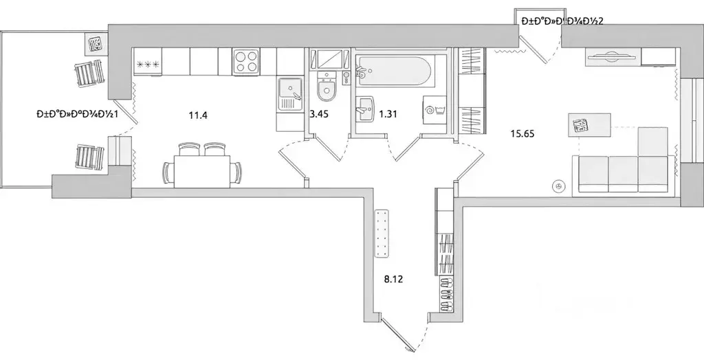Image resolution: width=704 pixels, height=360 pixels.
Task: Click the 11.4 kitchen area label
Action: point(198,115)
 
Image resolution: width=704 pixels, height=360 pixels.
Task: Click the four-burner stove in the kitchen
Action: point(245,61)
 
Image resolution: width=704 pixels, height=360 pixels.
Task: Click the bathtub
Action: point(395,71)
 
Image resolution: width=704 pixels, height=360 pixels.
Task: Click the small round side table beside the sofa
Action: point(558,184)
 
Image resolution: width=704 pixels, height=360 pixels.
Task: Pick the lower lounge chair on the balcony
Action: point(89,155)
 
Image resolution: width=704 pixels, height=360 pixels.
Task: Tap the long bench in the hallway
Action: point(382,234)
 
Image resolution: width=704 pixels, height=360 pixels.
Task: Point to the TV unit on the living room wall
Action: point(613,58)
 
